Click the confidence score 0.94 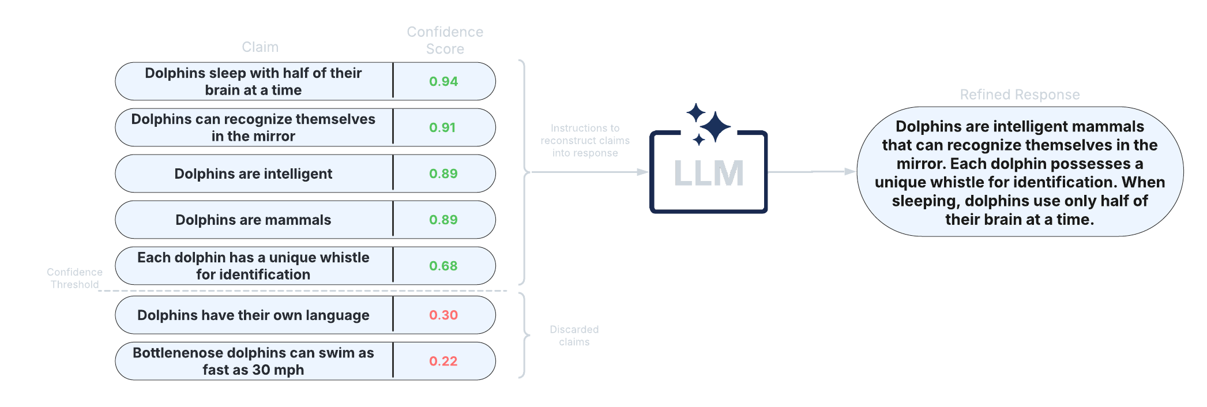pyautogui.click(x=443, y=81)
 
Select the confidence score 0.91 pyautogui.click(x=442, y=127)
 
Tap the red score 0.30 pyautogui.click(x=443, y=315)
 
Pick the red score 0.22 pyautogui.click(x=443, y=361)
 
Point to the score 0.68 pyautogui.click(x=443, y=266)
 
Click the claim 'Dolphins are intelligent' pyautogui.click(x=253, y=174)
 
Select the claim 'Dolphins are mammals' pyautogui.click(x=253, y=220)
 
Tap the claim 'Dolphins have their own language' pyautogui.click(x=253, y=315)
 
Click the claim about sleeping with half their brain pyautogui.click(x=253, y=81)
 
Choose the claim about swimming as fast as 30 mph pyautogui.click(x=253, y=361)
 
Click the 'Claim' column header pyautogui.click(x=260, y=47)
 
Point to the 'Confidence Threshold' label pyautogui.click(x=74, y=278)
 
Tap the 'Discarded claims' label pyautogui.click(x=574, y=336)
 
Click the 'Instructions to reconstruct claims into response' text pyautogui.click(x=585, y=140)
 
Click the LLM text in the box pyautogui.click(x=709, y=173)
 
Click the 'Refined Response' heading pyautogui.click(x=1020, y=95)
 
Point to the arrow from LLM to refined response pyautogui.click(x=812, y=171)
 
